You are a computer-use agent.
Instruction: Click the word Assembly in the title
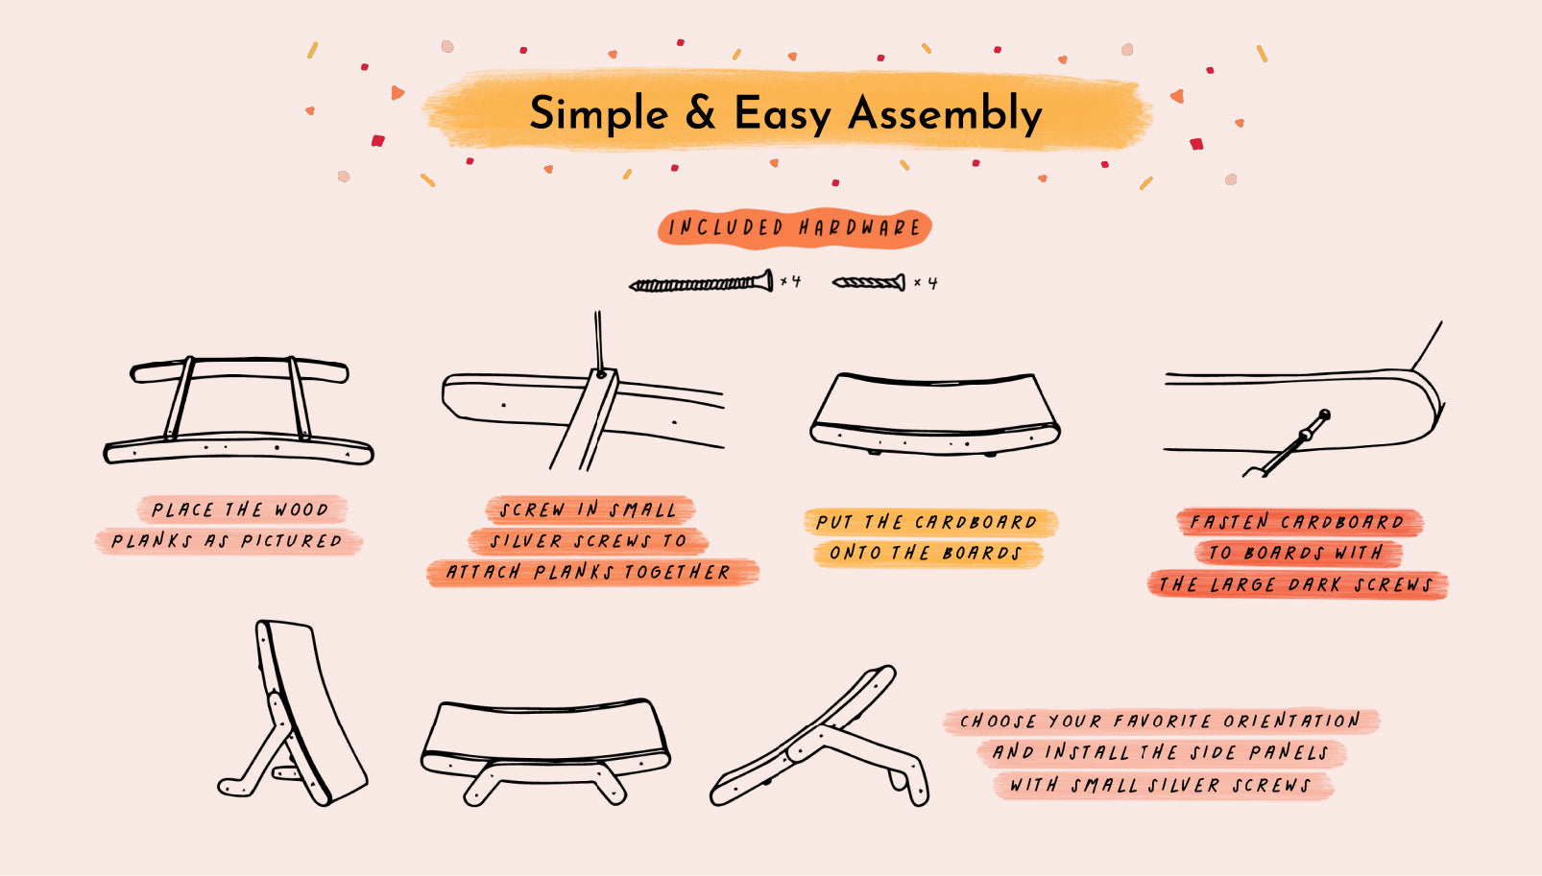click(945, 113)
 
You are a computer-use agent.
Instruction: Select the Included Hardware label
click(794, 227)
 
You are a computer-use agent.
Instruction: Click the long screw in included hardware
click(701, 282)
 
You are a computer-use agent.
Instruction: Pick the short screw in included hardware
click(869, 282)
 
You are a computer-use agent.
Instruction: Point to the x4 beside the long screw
click(790, 281)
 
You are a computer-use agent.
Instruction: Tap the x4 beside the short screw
click(926, 283)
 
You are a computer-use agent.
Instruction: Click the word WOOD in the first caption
click(301, 509)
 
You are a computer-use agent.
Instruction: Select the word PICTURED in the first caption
click(291, 541)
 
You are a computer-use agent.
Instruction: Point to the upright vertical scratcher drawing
click(293, 713)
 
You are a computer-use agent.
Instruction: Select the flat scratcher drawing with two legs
click(545, 750)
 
